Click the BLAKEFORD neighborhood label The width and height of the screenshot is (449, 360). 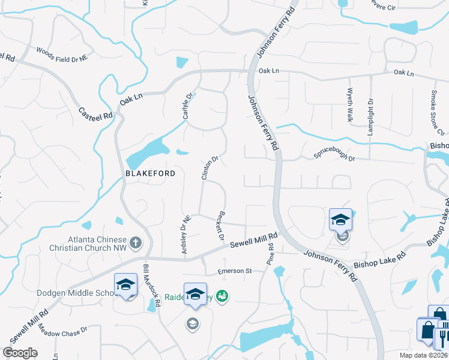(150, 173)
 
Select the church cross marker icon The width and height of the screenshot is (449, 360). (136, 243)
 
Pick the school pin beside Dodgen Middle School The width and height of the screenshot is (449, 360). (125, 285)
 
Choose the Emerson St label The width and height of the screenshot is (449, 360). (235, 272)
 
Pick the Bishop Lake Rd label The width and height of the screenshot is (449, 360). (379, 260)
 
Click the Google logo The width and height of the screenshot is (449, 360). (20, 353)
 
